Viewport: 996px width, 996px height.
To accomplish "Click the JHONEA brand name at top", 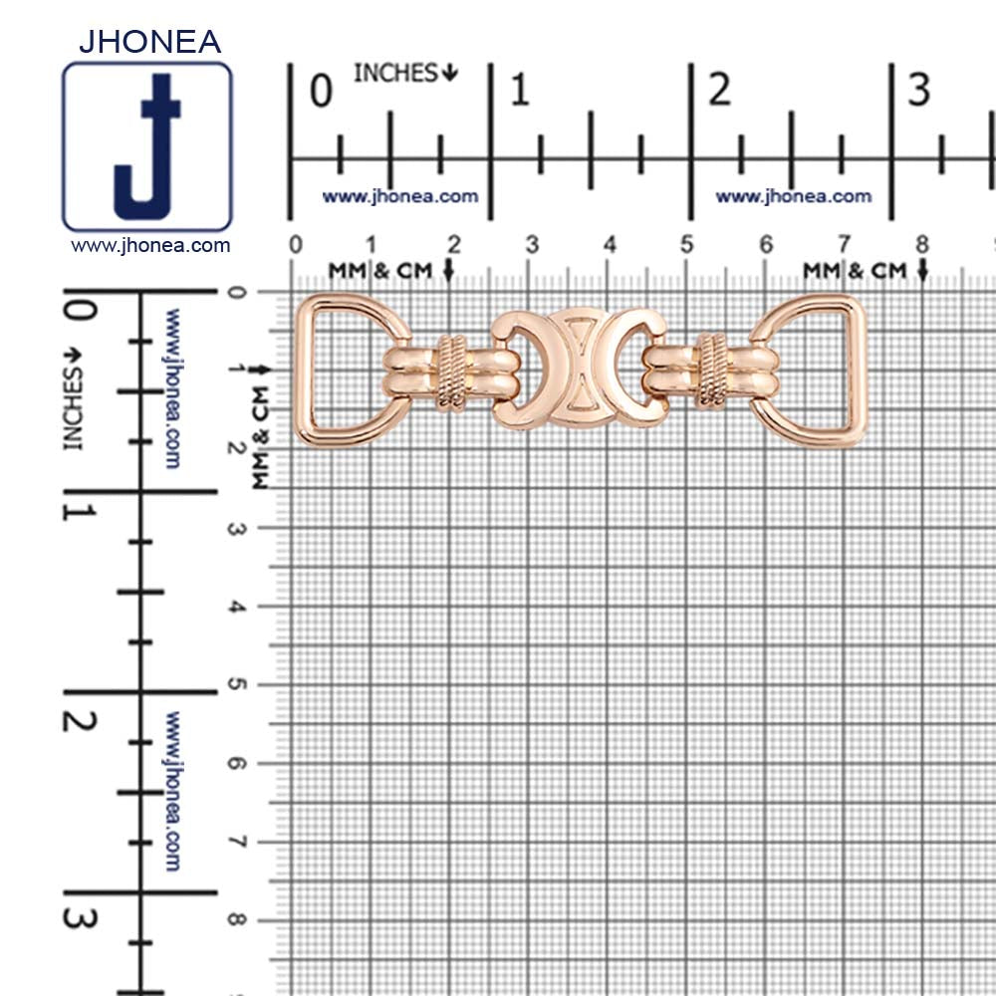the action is click(150, 42).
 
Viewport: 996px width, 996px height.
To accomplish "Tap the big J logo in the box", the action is click(147, 147).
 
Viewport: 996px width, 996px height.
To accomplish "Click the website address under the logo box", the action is click(150, 246).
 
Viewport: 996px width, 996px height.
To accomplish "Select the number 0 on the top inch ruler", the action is click(321, 91).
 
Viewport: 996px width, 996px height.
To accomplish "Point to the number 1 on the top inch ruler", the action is click(520, 90).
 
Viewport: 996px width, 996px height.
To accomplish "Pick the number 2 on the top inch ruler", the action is click(720, 90).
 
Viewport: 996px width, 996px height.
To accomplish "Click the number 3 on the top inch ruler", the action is click(919, 90).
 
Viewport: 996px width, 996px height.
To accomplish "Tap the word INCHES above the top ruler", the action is click(395, 73).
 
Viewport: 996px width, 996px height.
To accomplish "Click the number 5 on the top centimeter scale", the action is click(686, 245).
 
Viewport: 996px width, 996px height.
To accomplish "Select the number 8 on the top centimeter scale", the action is click(921, 245).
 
